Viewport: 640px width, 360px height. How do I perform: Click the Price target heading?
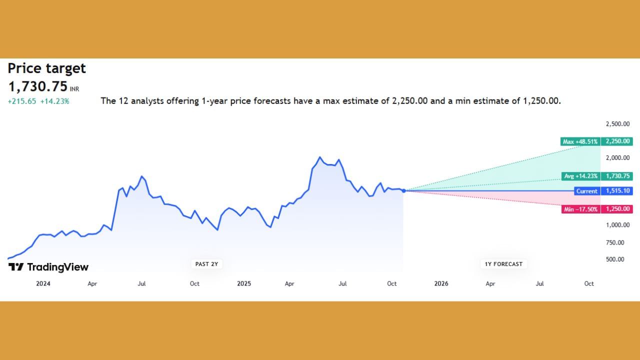pyautogui.click(x=46, y=68)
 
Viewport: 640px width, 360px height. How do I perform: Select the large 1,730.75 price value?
pyautogui.click(x=37, y=86)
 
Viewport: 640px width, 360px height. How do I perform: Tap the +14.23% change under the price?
pyautogui.click(x=54, y=101)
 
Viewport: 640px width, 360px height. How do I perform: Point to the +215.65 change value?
pyautogui.click(x=21, y=101)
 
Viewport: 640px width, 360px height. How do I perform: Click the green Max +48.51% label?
pyautogui.click(x=580, y=141)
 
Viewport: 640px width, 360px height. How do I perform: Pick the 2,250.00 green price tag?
pyautogui.click(x=617, y=141)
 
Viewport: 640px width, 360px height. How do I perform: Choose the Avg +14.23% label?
pyautogui.click(x=580, y=176)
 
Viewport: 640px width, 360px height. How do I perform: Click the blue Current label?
pyautogui.click(x=586, y=191)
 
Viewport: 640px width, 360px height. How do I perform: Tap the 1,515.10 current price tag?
pyautogui.click(x=617, y=191)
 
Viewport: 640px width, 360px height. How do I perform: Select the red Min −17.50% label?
pyautogui.click(x=580, y=209)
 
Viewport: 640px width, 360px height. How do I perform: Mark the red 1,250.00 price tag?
pyautogui.click(x=617, y=209)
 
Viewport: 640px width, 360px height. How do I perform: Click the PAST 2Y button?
pyautogui.click(x=206, y=264)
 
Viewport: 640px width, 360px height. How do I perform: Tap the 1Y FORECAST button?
pyautogui.click(x=503, y=264)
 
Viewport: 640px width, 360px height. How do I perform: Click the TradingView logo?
pyautogui.click(x=48, y=267)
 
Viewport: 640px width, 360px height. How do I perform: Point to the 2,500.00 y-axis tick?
pyautogui.click(x=617, y=124)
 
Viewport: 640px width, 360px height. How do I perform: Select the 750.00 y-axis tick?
pyautogui.click(x=615, y=242)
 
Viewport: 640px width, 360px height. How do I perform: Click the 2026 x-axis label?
pyautogui.click(x=441, y=283)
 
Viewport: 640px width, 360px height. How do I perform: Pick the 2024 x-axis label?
pyautogui.click(x=43, y=283)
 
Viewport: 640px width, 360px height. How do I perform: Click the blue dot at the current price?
pyautogui.click(x=403, y=190)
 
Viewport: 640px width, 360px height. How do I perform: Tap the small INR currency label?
pyautogui.click(x=74, y=89)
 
